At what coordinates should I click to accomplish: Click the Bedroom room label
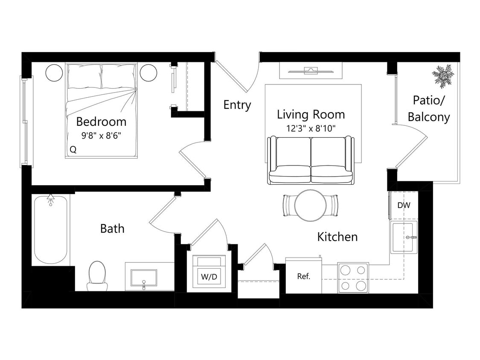[101, 122]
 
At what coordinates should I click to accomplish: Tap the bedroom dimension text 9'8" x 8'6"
[101, 136]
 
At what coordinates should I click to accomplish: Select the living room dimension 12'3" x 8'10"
[311, 128]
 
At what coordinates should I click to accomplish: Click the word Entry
[237, 105]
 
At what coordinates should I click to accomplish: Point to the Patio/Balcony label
[428, 108]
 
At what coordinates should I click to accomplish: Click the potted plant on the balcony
[443, 76]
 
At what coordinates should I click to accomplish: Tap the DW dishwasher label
[404, 205]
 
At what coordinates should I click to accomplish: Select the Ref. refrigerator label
[303, 276]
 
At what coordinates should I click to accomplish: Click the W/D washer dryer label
[209, 277]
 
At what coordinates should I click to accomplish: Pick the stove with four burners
[353, 278]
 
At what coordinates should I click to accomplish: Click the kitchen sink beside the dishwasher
[404, 237]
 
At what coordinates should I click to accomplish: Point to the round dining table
[311, 205]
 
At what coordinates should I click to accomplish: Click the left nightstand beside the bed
[54, 73]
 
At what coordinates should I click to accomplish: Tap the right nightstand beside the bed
[148, 73]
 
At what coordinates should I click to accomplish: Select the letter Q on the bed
[73, 150]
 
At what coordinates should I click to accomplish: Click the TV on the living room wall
[311, 70]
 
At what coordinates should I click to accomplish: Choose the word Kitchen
[337, 237]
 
